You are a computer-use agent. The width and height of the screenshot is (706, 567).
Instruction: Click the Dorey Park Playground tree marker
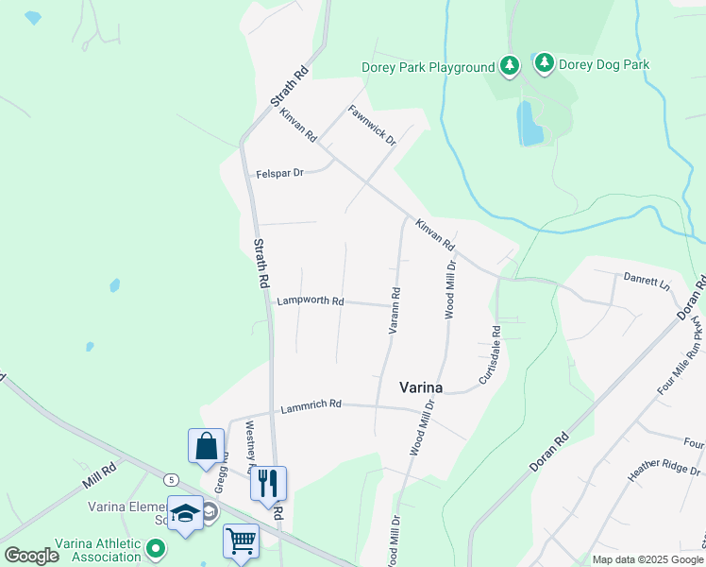[510, 65]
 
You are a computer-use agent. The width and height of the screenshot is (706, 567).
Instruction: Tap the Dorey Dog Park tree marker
[544, 63]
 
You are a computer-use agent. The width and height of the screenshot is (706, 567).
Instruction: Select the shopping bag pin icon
[206, 445]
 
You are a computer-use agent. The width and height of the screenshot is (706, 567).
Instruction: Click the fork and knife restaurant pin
[268, 483]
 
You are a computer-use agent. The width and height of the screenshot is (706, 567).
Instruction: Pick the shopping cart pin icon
[241, 541]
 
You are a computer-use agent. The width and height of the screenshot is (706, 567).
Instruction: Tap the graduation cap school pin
[185, 512]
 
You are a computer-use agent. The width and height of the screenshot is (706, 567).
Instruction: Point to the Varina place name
[421, 386]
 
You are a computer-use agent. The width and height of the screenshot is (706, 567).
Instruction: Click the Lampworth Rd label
[310, 301]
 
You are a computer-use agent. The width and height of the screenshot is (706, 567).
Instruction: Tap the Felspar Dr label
[279, 174]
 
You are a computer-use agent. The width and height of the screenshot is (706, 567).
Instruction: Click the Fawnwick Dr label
[372, 124]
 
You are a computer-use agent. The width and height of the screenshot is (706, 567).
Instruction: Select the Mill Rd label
[97, 474]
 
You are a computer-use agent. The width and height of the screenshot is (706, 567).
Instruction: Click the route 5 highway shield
[171, 479]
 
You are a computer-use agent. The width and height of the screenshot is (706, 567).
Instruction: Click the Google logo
[31, 556]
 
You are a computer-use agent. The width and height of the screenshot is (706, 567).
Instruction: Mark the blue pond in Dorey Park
[530, 123]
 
